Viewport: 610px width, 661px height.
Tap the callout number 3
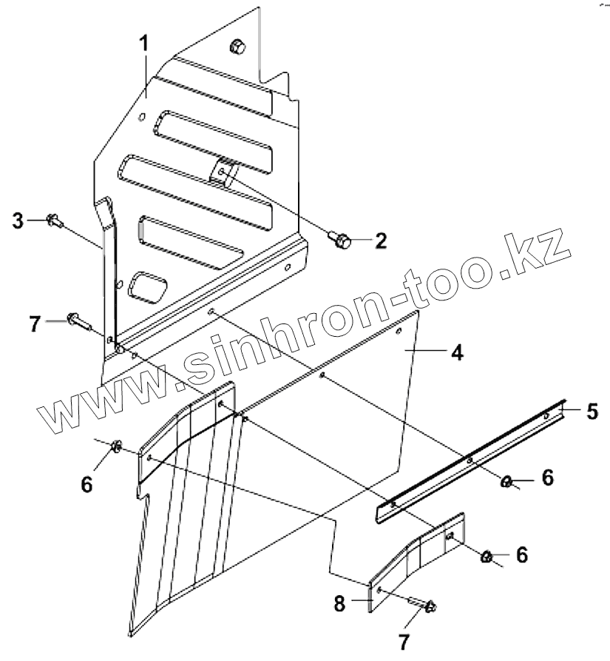tap(18, 220)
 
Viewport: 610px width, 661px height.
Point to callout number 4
tap(457, 352)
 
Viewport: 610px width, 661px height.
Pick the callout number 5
tap(592, 411)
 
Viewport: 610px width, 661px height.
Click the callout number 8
tap(339, 603)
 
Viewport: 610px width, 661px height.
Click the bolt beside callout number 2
tap(339, 238)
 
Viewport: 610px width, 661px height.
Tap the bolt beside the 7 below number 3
tap(77, 321)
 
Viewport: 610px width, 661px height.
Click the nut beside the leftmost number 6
tap(116, 446)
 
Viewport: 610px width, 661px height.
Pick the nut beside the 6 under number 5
tap(506, 482)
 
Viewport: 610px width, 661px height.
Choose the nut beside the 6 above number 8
tap(488, 556)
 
